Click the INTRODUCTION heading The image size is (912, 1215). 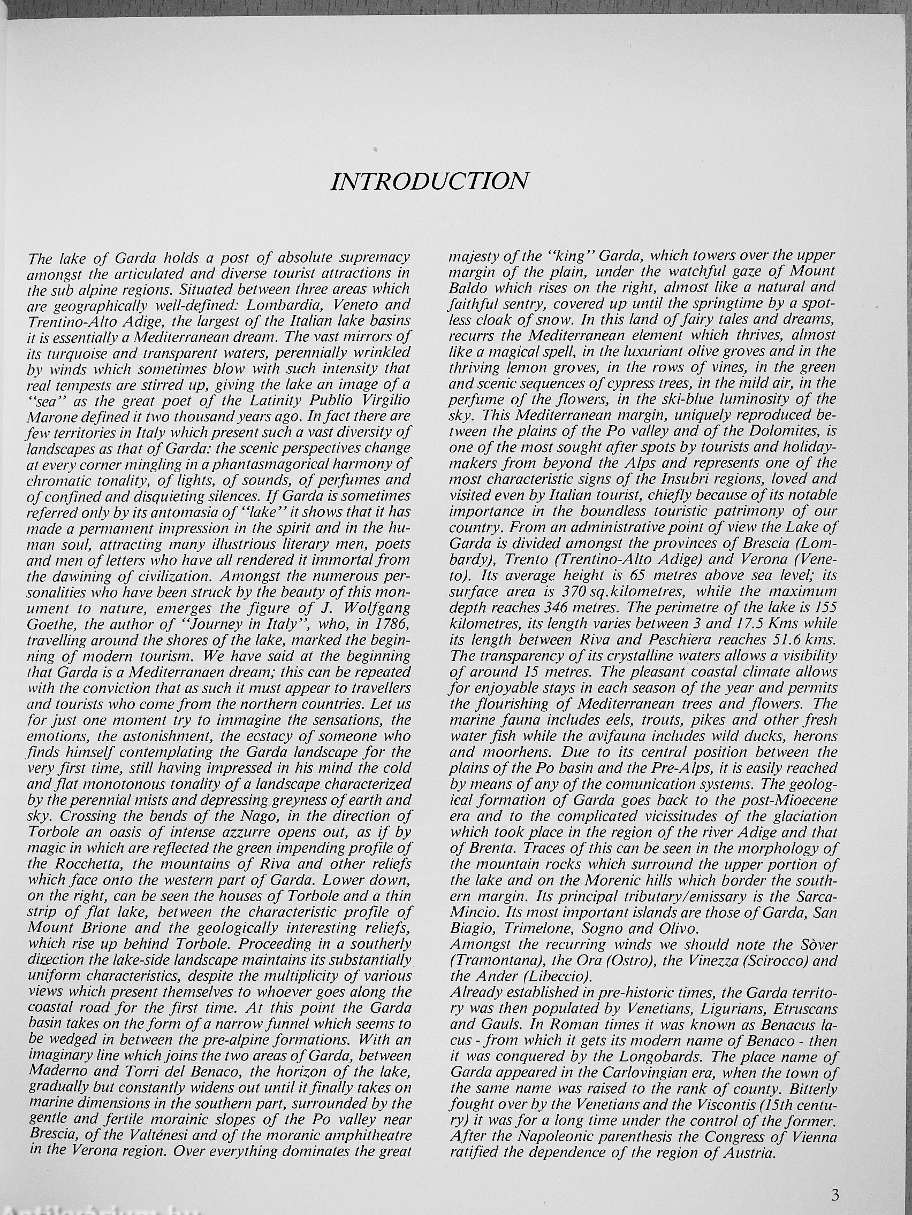(x=430, y=181)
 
